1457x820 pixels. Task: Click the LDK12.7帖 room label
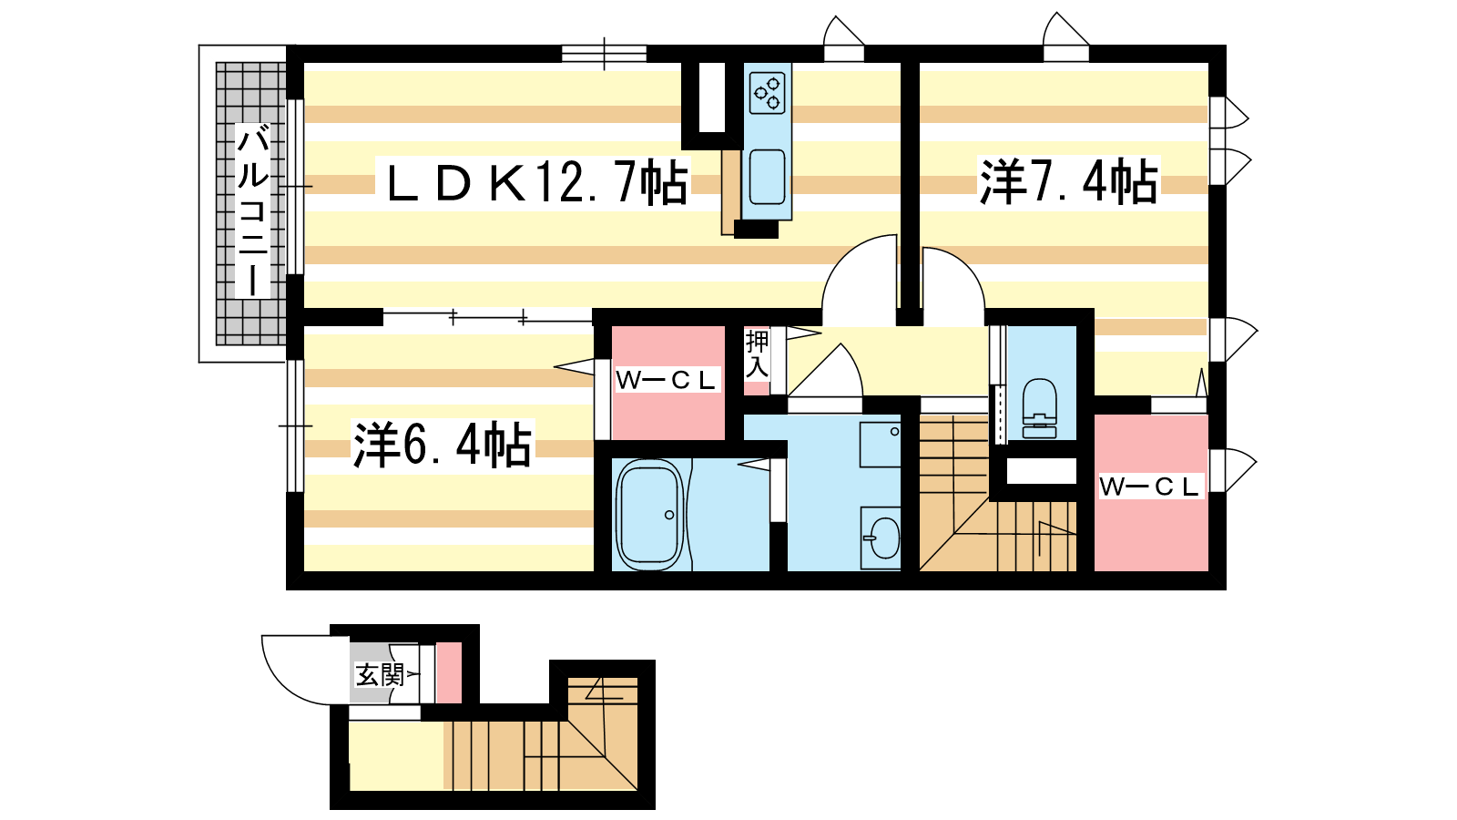[537, 183]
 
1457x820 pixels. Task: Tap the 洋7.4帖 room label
[1069, 181]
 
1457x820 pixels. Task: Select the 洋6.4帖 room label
[443, 445]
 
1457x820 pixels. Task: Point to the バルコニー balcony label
[252, 210]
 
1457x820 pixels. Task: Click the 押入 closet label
[757, 354]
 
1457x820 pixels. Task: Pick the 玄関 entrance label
[379, 675]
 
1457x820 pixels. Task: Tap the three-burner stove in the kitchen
[767, 93]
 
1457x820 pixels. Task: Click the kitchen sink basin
[767, 177]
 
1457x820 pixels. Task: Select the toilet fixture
[1039, 409]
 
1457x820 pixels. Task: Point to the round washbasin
[883, 538]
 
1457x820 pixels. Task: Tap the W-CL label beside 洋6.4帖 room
[666, 381]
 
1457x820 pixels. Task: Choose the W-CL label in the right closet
[1149, 487]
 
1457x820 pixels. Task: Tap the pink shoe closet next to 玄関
[448, 673]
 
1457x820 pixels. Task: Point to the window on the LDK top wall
[604, 54]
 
